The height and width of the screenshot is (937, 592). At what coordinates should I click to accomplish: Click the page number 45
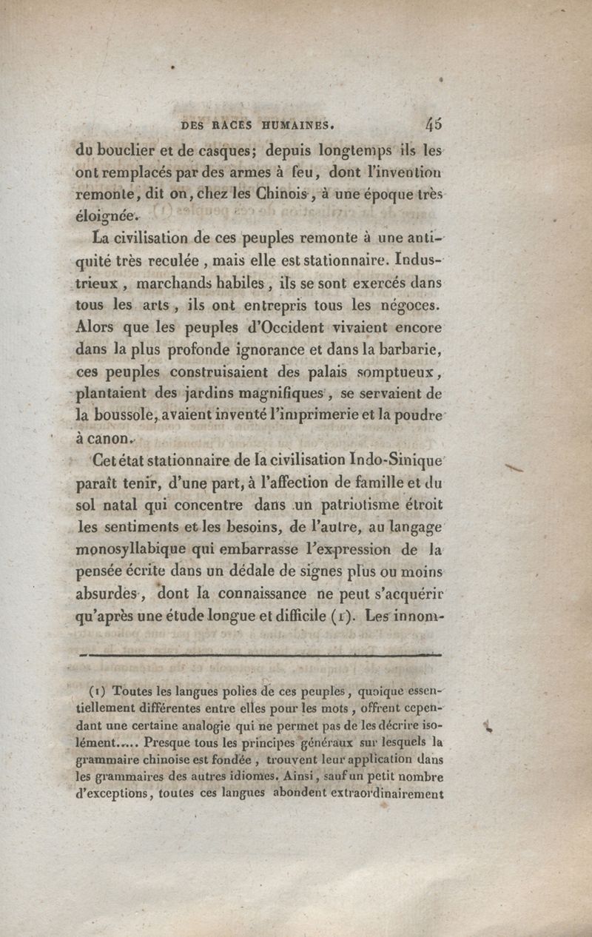pos(434,123)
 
